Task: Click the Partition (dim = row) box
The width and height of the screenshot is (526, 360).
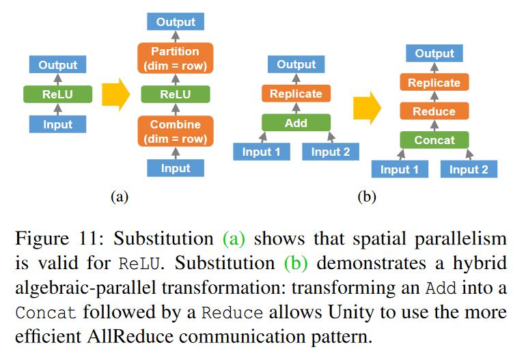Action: [x=175, y=58]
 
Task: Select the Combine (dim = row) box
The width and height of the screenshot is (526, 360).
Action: [x=175, y=131]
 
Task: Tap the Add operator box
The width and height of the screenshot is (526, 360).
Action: [x=296, y=123]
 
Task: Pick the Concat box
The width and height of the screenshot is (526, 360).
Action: [x=434, y=140]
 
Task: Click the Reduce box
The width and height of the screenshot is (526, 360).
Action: [x=434, y=111]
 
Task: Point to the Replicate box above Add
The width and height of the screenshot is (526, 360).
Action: [x=296, y=94]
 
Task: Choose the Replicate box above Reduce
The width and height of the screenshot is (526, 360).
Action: [x=434, y=82]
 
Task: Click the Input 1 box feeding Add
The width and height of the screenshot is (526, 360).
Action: [x=262, y=152]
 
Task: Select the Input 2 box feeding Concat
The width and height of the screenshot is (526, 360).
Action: [x=469, y=169]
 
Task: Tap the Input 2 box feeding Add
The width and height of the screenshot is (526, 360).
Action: [x=331, y=152]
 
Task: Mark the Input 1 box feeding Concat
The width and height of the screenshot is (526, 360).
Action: [x=400, y=169]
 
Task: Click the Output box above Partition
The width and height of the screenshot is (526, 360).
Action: [x=176, y=21]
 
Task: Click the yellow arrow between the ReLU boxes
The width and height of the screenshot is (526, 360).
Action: [x=115, y=95]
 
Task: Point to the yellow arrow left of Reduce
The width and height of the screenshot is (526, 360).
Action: [x=368, y=108]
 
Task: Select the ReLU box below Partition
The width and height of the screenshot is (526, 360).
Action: [x=176, y=94]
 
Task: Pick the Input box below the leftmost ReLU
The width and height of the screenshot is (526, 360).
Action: [x=57, y=124]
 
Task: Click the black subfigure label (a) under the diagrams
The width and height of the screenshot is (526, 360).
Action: [x=120, y=197]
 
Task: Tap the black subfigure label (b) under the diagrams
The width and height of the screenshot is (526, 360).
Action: [x=367, y=197]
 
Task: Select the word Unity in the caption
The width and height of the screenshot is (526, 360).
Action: [x=351, y=312]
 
